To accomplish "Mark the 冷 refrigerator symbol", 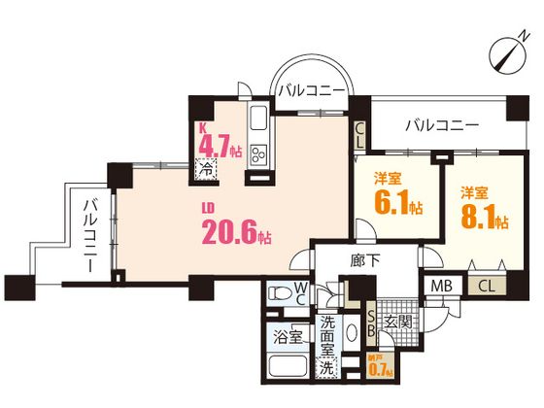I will pos(209,168).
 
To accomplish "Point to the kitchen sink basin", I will pos(259,122).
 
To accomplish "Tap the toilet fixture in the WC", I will pos(280,291).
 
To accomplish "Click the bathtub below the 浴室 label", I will pos(287,370).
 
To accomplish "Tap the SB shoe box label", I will pos(369,323).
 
